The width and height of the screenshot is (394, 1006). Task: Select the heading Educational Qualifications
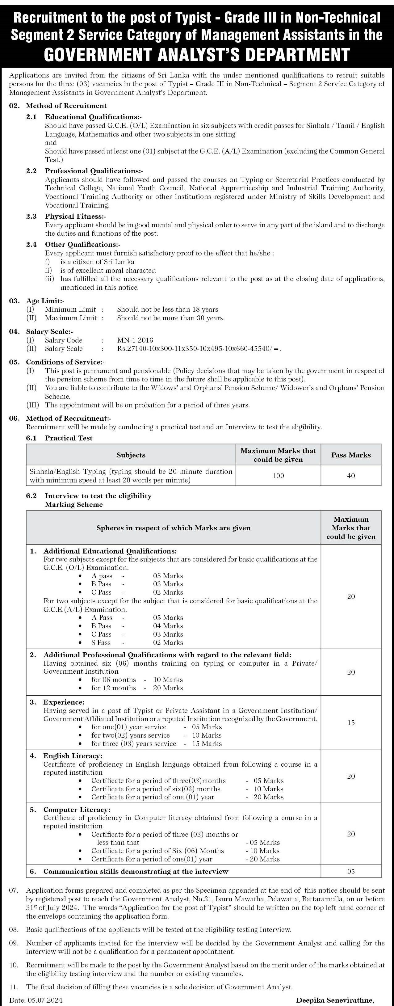point(93,117)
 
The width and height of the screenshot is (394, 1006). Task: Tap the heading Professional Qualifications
point(94,171)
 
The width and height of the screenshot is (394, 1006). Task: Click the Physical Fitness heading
point(75,216)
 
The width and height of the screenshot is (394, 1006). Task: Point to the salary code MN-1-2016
point(135,340)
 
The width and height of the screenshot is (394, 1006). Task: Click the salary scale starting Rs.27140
point(199,349)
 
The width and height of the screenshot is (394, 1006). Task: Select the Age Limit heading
point(45,301)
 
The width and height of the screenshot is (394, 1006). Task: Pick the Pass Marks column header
point(351,455)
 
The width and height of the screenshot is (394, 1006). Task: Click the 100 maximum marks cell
point(279,476)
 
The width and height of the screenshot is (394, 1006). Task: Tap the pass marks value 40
point(351,476)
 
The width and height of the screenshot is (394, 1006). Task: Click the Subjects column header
point(131,455)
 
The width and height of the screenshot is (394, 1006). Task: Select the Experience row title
point(64,702)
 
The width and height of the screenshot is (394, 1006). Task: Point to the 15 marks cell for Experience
point(351,722)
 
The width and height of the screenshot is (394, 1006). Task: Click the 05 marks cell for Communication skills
point(351,872)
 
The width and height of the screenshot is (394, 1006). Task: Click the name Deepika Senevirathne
point(335,1000)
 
